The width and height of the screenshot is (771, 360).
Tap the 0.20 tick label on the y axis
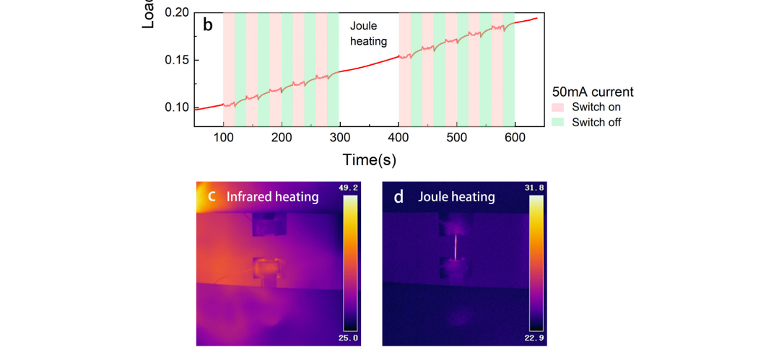point(177,13)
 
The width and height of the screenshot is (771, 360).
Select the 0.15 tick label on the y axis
point(177,60)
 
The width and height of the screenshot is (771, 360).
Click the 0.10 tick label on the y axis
point(177,107)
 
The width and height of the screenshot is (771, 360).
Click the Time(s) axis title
point(369,159)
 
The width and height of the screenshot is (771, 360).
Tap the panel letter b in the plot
point(208,26)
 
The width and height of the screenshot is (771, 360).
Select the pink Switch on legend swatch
point(558,107)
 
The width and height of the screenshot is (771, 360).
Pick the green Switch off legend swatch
point(558,122)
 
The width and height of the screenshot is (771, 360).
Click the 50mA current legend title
point(593,92)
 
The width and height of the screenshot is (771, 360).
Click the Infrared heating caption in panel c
point(272,196)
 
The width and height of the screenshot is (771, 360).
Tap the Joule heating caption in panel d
point(456,196)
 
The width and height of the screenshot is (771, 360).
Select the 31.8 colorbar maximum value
point(536,188)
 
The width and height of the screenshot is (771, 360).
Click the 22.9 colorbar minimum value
point(536,337)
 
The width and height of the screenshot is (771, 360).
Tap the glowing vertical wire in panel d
point(456,247)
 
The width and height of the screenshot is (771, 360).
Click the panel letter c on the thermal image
point(212,196)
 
